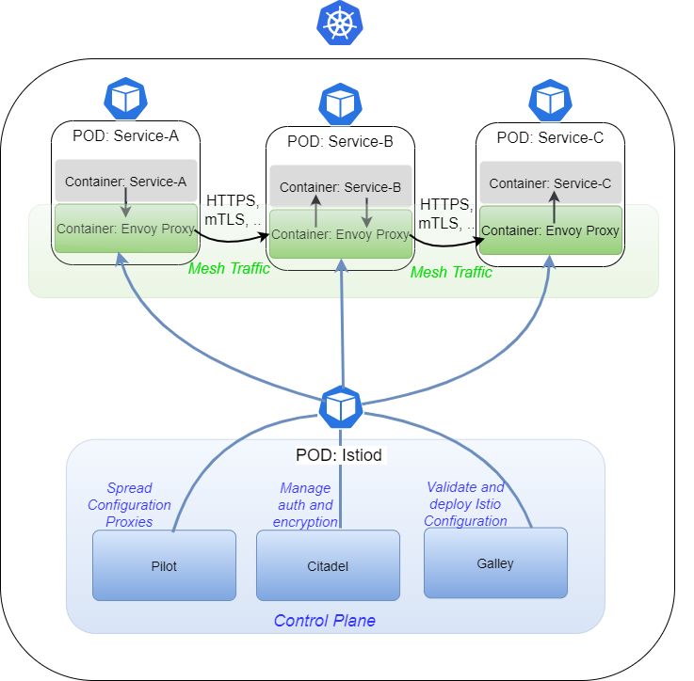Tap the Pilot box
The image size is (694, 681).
[x=164, y=565]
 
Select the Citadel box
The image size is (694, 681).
[x=328, y=565]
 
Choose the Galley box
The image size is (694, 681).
[x=495, y=562]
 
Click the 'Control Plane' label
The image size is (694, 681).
[x=324, y=621]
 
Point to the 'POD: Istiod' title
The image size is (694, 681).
[x=341, y=455]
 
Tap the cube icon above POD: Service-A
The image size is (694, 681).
[x=125, y=98]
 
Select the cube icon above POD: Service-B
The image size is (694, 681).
[x=339, y=103]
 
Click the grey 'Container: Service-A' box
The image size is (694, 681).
[x=125, y=181]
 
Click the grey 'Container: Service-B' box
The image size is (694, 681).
[x=340, y=187]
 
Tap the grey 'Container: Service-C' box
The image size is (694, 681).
[x=550, y=183]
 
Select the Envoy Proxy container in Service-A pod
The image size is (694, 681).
[x=125, y=229]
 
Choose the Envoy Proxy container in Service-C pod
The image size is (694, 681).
[x=550, y=230]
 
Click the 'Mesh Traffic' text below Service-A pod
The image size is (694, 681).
[x=229, y=269]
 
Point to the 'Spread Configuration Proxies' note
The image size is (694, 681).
[x=129, y=505]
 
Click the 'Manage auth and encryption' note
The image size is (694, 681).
[x=305, y=505]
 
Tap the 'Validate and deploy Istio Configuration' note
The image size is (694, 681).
[x=465, y=504]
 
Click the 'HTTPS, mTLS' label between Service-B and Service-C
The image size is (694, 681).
[x=445, y=214]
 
